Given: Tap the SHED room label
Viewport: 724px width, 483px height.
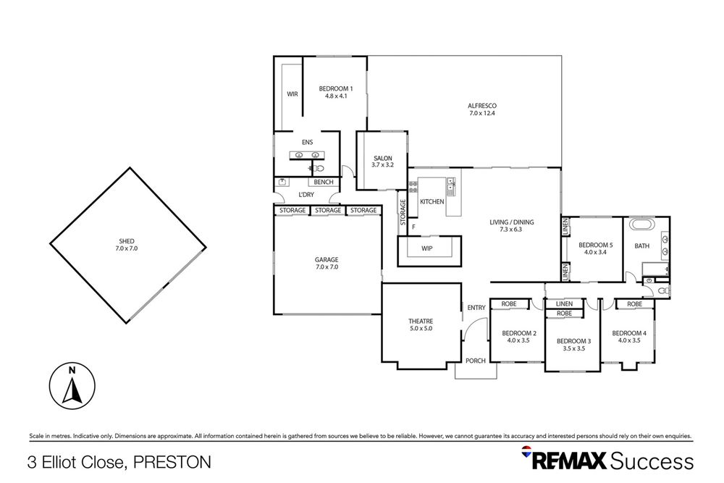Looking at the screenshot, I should click(x=127, y=245).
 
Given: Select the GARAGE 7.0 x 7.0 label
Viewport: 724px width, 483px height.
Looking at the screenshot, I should click(x=327, y=263).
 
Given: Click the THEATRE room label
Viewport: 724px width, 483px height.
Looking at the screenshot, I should click(x=420, y=324).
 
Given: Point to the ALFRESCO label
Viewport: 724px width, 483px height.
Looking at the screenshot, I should click(x=481, y=109).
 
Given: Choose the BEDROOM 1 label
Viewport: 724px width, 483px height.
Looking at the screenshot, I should click(x=334, y=92).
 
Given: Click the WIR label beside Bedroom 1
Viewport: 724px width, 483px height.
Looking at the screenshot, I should click(x=292, y=94).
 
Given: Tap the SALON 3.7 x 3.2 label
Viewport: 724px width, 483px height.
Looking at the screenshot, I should click(x=382, y=161).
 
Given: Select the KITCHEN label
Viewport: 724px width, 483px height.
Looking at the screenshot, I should click(x=432, y=201).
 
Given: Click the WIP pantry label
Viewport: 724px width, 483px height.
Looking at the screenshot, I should click(x=427, y=249).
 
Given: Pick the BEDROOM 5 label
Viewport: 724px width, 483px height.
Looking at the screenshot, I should click(x=596, y=249).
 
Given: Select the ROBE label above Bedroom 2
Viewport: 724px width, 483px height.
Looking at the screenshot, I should click(x=509, y=304).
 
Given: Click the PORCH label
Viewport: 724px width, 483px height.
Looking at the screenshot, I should click(x=476, y=361).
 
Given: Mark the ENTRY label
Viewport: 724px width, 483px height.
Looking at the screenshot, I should click(x=476, y=308).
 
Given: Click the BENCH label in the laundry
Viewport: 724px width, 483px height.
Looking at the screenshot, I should click(x=324, y=182).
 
